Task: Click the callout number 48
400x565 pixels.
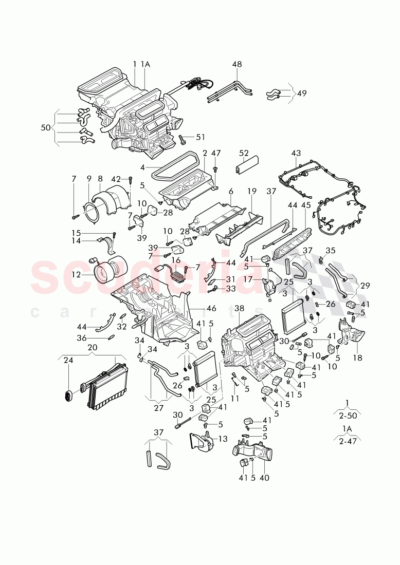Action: pyautogui.click(x=237, y=65)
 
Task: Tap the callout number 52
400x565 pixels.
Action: pyautogui.click(x=244, y=153)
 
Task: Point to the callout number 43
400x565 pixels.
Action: pyautogui.click(x=296, y=154)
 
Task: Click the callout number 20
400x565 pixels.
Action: pyautogui.click(x=93, y=347)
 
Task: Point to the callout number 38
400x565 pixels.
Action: pyautogui.click(x=239, y=309)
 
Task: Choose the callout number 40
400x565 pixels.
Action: pyautogui.click(x=264, y=478)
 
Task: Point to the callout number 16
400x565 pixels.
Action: pyautogui.click(x=176, y=261)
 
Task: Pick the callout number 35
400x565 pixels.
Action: pyautogui.click(x=330, y=251)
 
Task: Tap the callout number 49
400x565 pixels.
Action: pyautogui.click(x=301, y=93)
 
